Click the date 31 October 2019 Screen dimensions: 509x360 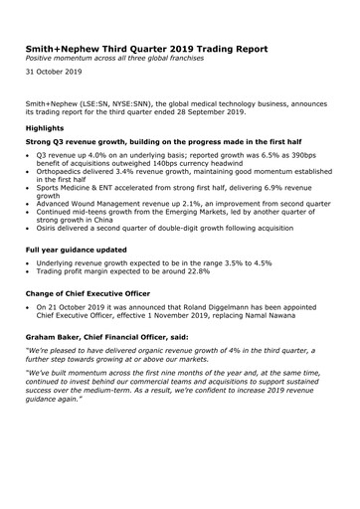coord(54,73)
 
